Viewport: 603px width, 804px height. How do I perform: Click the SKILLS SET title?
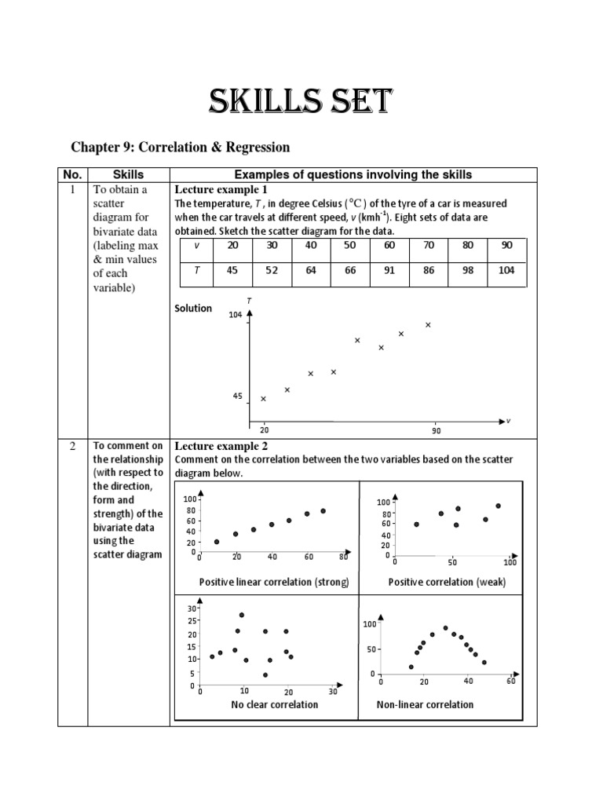click(301, 103)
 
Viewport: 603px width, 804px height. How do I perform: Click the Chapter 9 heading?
click(181, 147)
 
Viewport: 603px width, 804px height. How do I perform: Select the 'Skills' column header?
click(128, 174)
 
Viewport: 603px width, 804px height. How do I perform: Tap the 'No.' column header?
click(73, 174)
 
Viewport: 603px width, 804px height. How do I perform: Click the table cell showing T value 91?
click(390, 271)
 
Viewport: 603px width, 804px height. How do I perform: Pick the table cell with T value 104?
click(507, 271)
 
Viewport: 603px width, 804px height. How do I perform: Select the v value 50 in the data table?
click(350, 245)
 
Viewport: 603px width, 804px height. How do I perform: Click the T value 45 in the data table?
click(232, 271)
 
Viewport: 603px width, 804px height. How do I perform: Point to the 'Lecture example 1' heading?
click(221, 190)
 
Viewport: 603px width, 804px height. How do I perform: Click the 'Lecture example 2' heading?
click(221, 446)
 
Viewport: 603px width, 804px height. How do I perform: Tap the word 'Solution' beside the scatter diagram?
click(193, 309)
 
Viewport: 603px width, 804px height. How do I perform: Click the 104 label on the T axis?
click(236, 315)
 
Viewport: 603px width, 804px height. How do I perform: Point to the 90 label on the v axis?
click(437, 431)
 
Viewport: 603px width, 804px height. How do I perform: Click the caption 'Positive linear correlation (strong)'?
click(273, 582)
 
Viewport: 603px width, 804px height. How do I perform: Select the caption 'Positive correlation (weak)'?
click(447, 582)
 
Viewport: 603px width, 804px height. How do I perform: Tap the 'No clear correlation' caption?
click(275, 704)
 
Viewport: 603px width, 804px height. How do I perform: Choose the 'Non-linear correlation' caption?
click(425, 704)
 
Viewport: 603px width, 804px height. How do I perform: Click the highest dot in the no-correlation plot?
click(242, 615)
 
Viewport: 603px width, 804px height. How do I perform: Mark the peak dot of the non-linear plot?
click(445, 628)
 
